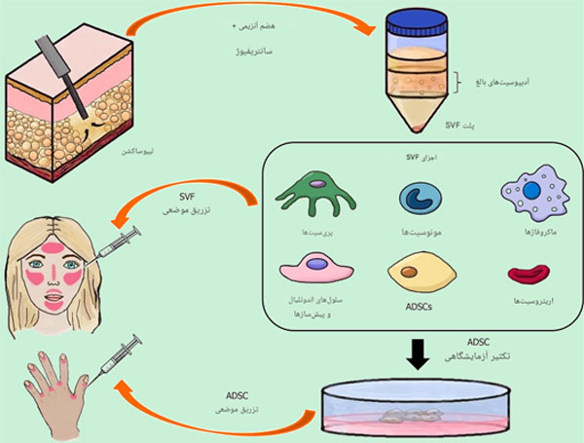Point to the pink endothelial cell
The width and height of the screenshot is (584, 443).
point(316,268)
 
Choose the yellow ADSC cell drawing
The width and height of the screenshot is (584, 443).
point(420,271)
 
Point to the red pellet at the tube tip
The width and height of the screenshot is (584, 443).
point(419,130)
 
